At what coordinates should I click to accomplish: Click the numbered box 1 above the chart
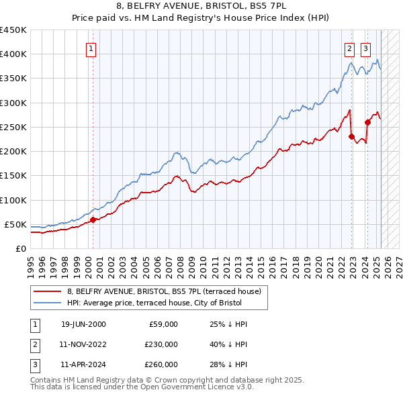pyautogui.click(x=90, y=48)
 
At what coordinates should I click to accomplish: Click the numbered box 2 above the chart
pyautogui.click(x=350, y=48)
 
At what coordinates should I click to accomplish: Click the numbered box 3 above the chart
pyautogui.click(x=365, y=48)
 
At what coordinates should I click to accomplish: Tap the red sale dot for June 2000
pyautogui.click(x=93, y=219)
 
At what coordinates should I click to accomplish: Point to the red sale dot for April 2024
pyautogui.click(x=367, y=122)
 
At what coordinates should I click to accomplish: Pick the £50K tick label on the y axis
pyautogui.click(x=15, y=224)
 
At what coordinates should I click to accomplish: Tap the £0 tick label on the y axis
pyautogui.click(x=21, y=249)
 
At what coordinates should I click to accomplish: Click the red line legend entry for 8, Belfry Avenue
pyautogui.click(x=167, y=291)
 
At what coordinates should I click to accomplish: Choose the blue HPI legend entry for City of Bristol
pyautogui.click(x=167, y=303)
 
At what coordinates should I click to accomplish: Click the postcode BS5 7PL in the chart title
pyautogui.click(x=271, y=5)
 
